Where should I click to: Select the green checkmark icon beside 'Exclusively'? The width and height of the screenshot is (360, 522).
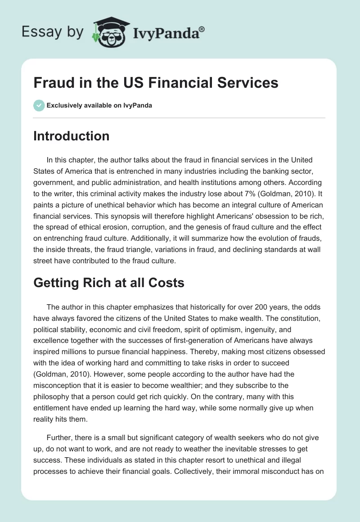tap(38, 105)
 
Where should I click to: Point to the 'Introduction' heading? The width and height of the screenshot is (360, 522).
tap(71, 136)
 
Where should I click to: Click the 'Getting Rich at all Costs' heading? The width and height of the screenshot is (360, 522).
tap(108, 283)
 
